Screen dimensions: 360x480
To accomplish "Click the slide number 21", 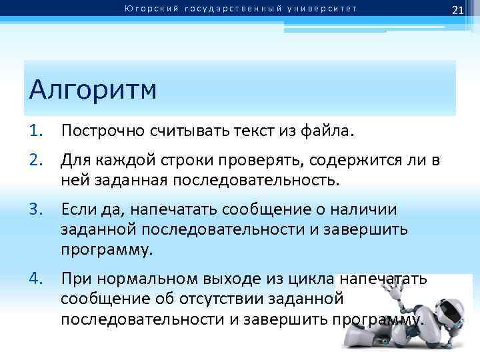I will coord(457,9).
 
